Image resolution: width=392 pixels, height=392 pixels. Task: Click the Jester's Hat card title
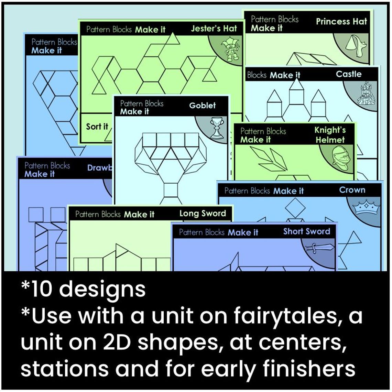click(214, 29)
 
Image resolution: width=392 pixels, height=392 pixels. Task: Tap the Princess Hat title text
click(341, 21)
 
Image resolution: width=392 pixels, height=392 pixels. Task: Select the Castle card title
click(348, 74)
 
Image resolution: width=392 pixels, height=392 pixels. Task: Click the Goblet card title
click(202, 106)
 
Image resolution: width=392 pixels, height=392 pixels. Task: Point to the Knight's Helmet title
click(330, 135)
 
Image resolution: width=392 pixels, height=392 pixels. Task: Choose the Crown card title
click(352, 190)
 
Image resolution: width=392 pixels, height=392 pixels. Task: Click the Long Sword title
click(203, 214)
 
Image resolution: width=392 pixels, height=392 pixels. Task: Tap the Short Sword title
click(306, 231)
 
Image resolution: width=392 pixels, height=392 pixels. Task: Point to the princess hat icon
click(358, 46)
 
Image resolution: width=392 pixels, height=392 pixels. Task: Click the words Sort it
click(97, 127)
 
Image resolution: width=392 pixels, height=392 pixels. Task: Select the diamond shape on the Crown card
click(295, 208)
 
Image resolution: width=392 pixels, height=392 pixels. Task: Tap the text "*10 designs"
click(83, 289)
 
